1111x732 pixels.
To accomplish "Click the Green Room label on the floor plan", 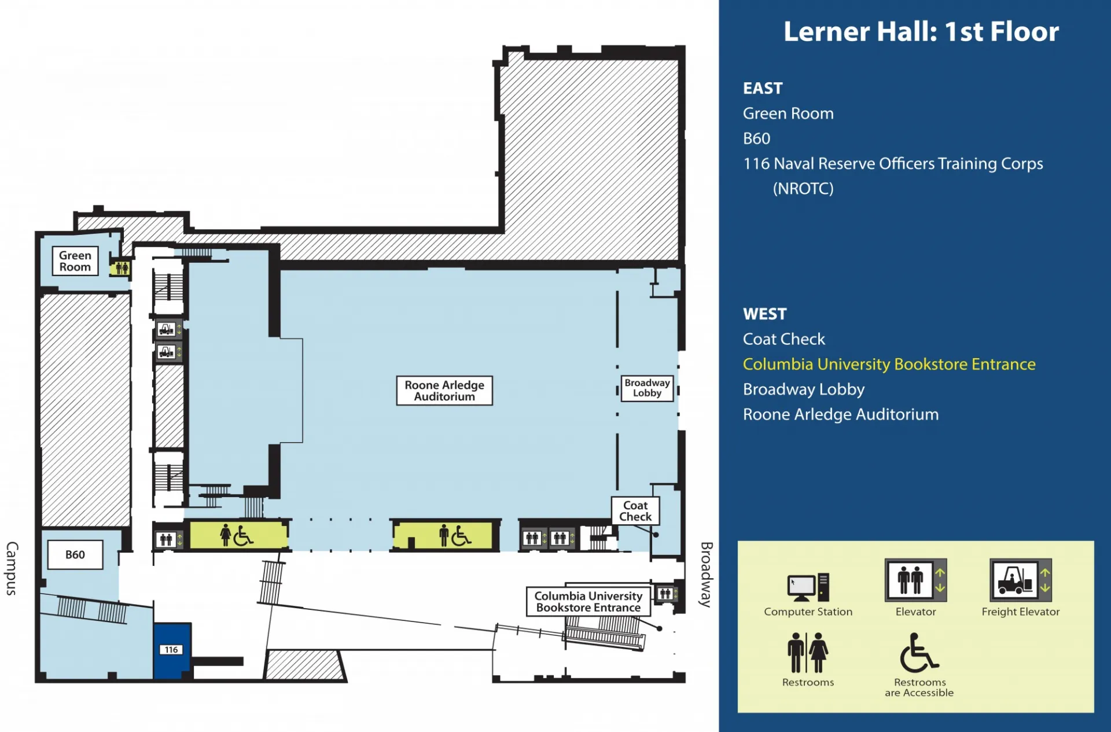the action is [x=75, y=261].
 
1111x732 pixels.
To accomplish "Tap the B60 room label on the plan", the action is [x=75, y=554].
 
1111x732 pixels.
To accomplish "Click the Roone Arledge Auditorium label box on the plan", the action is [x=444, y=391].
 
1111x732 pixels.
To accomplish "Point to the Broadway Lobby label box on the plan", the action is [x=647, y=388].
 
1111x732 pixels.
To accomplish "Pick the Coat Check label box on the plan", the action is [x=635, y=511].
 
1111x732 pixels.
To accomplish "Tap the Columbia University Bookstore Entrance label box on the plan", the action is [x=588, y=602].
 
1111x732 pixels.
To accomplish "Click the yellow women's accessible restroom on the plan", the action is [x=238, y=535].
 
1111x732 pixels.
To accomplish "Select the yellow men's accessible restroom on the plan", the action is [x=444, y=535].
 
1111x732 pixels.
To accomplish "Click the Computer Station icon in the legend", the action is [x=808, y=587].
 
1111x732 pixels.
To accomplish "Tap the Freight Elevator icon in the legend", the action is [x=1021, y=580].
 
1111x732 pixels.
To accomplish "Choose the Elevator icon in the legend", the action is [x=915, y=580].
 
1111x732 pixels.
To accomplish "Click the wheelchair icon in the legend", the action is [x=918, y=653].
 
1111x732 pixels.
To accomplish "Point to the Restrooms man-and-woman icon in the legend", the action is [x=808, y=653].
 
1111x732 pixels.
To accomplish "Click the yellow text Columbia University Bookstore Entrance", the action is [x=889, y=365].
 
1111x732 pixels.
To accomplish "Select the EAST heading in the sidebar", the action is [x=763, y=89].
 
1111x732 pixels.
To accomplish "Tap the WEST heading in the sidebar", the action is [x=765, y=314].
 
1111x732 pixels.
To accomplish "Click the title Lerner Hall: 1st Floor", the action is [x=921, y=32].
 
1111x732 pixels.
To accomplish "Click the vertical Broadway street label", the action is [x=706, y=575].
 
